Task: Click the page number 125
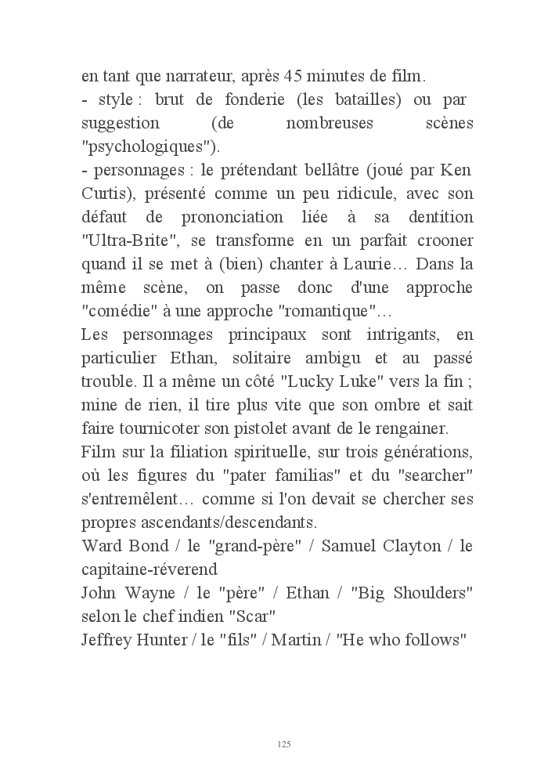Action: pyautogui.click(x=284, y=743)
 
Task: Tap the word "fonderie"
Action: pyautogui.click(x=226, y=101)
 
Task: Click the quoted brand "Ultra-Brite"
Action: pyautogui.click(x=125, y=240)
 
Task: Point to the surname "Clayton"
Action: pyautogui.click(x=406, y=546)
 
